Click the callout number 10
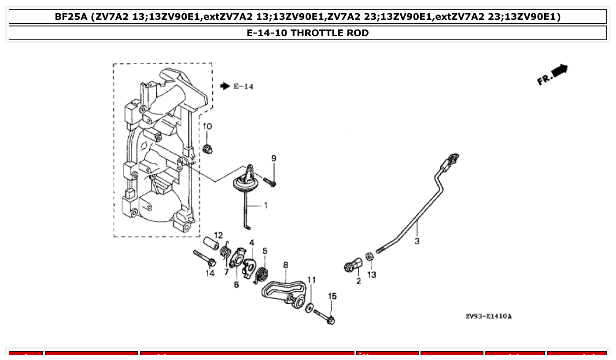point(207,127)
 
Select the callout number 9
point(273,158)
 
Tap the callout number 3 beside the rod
point(417,241)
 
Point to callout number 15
point(332,296)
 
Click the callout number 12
point(218,235)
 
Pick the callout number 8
point(285,265)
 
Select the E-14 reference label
point(243,87)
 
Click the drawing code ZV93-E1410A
point(488,316)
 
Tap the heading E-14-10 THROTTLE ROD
point(307,33)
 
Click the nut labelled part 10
point(207,149)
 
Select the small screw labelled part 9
point(269,181)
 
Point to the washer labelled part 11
point(310,307)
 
